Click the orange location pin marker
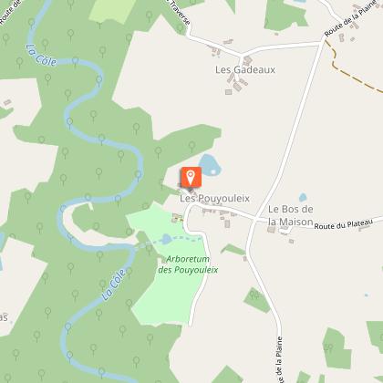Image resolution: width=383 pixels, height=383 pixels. point(190,178)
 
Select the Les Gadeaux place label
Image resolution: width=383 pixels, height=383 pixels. point(244,68)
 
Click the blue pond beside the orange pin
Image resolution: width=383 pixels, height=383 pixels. point(211,165)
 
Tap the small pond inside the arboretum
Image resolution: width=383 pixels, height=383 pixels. point(166,239)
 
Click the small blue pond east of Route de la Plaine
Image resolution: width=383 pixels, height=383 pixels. point(303,197)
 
